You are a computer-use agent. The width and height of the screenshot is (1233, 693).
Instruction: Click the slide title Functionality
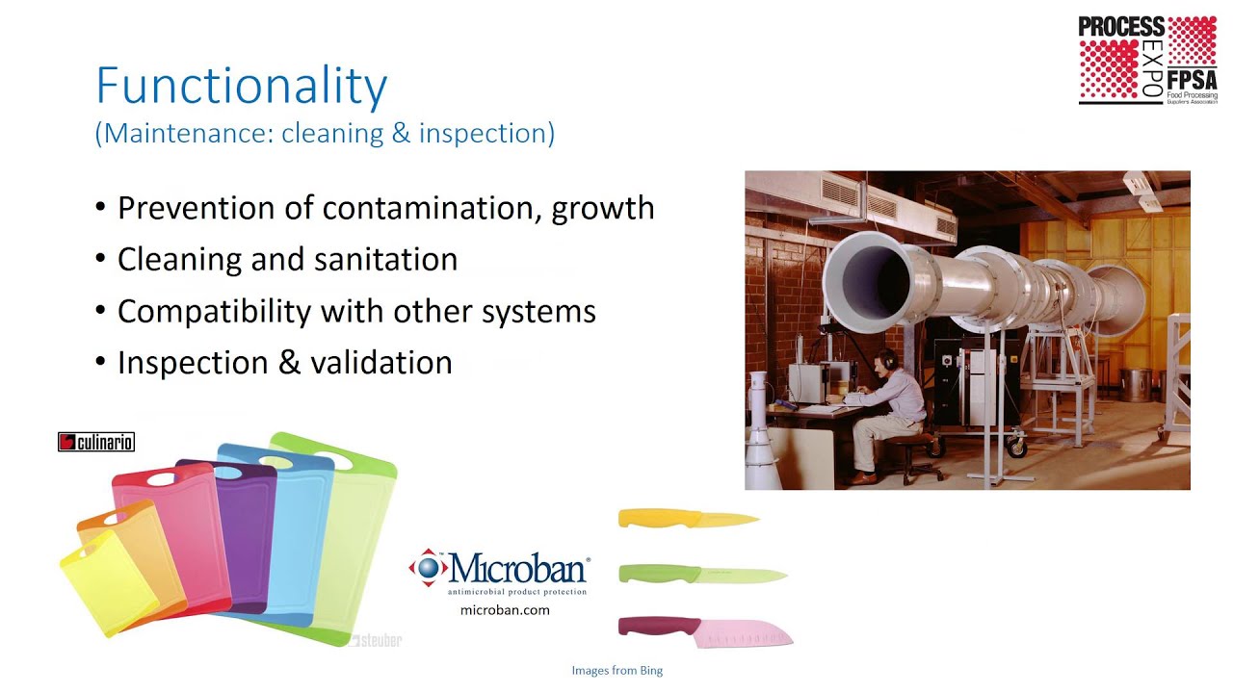(241, 87)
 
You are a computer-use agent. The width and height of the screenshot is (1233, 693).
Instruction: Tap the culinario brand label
(96, 443)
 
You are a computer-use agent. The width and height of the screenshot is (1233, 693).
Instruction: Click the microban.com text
(505, 610)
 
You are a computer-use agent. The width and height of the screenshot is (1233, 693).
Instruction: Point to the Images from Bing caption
(616, 671)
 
